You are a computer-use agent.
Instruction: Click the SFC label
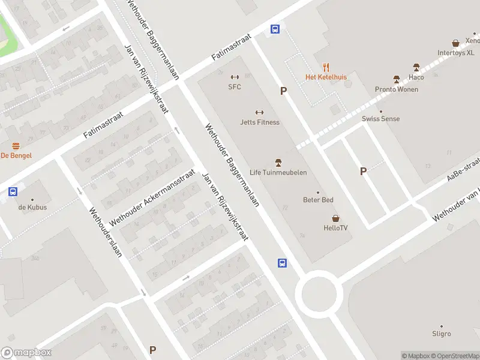[234, 86]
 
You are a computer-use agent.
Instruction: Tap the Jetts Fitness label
[260, 122]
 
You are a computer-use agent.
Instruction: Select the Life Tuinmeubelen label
[278, 173]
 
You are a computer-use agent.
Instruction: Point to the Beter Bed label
[318, 200]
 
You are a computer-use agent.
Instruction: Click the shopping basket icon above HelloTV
[335, 218]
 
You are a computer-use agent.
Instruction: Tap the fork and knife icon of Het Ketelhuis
[326, 67]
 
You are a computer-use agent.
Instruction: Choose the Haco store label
[416, 77]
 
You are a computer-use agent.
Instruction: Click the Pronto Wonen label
[397, 89]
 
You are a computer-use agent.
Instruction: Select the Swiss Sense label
[380, 119]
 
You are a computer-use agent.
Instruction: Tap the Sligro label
[442, 334]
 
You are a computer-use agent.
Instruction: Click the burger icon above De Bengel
[16, 146]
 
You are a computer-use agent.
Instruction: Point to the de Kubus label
[32, 208]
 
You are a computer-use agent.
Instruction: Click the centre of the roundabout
[318, 294]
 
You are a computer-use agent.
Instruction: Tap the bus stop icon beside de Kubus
[13, 192]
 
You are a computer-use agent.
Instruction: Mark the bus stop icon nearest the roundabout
[281, 263]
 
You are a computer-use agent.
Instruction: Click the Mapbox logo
[26, 353]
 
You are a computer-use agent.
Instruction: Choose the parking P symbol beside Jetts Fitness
[283, 91]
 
